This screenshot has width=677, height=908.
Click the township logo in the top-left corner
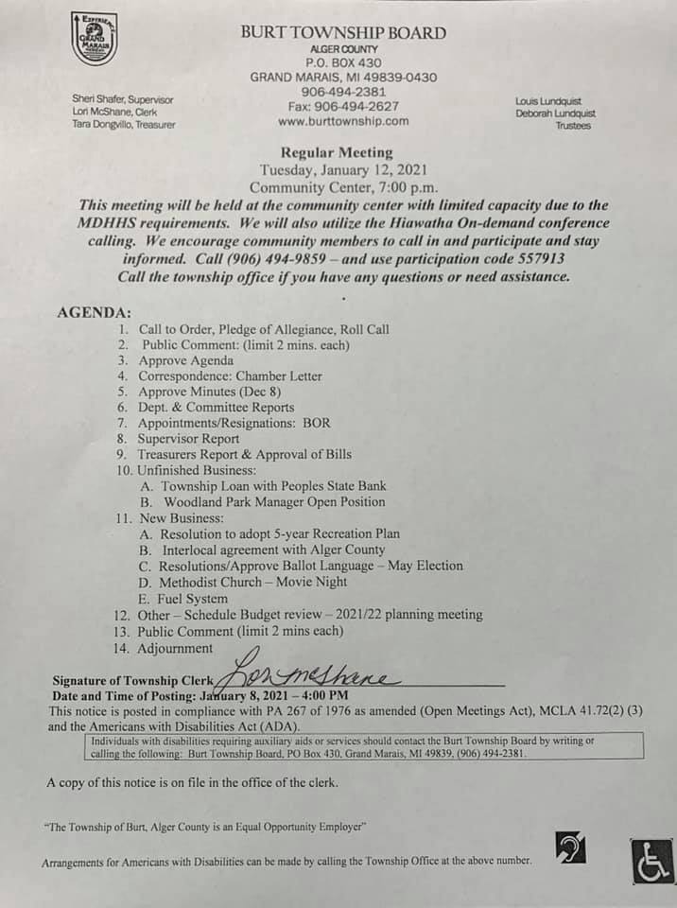click(94, 39)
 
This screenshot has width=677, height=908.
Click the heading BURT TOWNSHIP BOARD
click(342, 33)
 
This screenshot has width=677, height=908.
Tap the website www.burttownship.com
click(343, 121)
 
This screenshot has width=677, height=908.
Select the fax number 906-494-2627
click(343, 106)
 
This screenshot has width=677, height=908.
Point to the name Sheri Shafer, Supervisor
click(123, 99)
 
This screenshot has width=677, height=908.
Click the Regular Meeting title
click(336, 152)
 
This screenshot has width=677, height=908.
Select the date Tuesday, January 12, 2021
click(343, 169)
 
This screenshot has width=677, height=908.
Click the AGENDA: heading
click(95, 312)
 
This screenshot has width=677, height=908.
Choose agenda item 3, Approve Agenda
click(185, 360)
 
